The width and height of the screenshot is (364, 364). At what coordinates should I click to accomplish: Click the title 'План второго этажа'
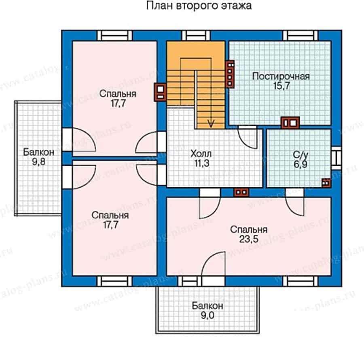pyautogui.click(x=199, y=6)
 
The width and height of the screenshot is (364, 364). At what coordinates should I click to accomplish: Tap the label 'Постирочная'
pyautogui.click(x=281, y=76)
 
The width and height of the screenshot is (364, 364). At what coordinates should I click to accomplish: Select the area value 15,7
pyautogui.click(x=281, y=86)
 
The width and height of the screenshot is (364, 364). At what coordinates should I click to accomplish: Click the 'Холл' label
pyautogui.click(x=201, y=154)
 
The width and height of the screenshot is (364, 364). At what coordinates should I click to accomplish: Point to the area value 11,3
pyautogui.click(x=201, y=163)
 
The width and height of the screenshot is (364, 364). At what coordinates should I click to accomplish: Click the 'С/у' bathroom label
pyautogui.click(x=301, y=154)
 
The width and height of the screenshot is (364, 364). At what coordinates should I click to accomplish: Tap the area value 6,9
pyautogui.click(x=301, y=164)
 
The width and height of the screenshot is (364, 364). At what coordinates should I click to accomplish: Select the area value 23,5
pyautogui.click(x=249, y=239)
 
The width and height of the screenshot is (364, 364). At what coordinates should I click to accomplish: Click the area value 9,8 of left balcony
pyautogui.click(x=39, y=162)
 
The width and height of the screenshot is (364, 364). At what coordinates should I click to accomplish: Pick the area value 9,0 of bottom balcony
pyautogui.click(x=207, y=315)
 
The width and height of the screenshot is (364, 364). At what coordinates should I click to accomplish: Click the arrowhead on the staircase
pyautogui.click(x=211, y=123)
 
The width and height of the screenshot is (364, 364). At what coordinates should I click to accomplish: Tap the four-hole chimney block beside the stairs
pyautogui.click(x=230, y=74)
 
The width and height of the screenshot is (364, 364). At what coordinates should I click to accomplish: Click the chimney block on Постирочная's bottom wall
pyautogui.click(x=290, y=123)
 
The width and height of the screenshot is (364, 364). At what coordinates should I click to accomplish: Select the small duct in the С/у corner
pyautogui.click(x=326, y=183)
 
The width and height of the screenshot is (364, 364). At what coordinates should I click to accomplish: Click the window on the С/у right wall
pyautogui.click(x=336, y=158)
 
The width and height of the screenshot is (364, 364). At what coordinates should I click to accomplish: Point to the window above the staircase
pyautogui.click(x=196, y=36)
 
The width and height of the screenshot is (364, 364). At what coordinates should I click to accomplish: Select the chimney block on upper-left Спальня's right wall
pyautogui.click(x=160, y=92)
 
